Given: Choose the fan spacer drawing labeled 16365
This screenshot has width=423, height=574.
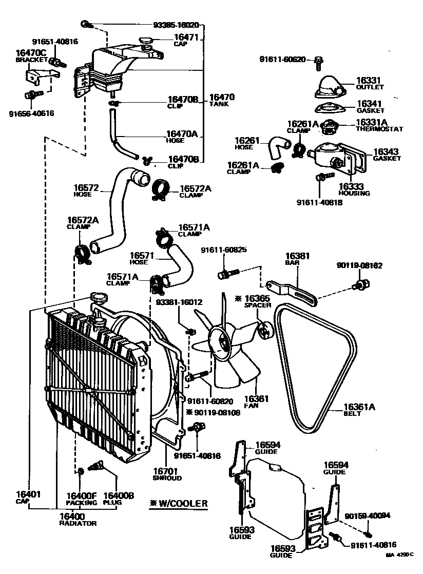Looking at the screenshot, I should [264, 331].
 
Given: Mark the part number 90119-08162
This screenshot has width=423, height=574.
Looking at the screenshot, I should [359, 265].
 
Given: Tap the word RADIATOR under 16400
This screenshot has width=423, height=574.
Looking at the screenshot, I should [78, 523].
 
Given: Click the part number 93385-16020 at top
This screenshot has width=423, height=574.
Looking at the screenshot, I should [176, 25].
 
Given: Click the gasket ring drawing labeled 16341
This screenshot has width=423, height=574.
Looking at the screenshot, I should [329, 108].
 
